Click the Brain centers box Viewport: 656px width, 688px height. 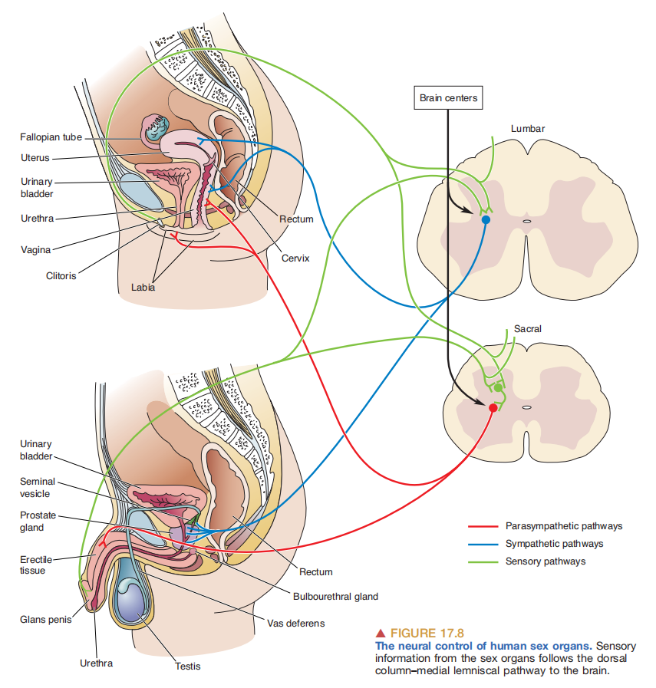pos(449,98)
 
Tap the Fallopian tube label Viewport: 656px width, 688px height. pos(50,137)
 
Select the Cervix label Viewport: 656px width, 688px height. pos(295,258)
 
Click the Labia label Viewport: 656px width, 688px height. pos(143,288)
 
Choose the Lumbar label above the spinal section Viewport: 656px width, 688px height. pos(528,129)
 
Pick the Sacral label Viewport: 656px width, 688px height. pos(528,329)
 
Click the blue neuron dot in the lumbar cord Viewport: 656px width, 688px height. pos(485,220)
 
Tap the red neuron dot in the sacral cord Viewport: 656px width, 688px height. pos(493,408)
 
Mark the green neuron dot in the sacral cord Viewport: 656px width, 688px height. pos(498,388)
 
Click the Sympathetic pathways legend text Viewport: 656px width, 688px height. pos(554,544)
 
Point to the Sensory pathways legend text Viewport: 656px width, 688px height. pos(546,561)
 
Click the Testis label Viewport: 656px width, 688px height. pos(187,666)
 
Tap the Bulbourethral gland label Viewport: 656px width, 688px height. pos(335,596)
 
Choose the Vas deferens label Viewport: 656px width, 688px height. pos(295,623)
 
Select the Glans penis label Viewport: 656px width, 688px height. pos(45,619)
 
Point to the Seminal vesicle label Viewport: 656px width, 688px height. pos(37,488)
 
